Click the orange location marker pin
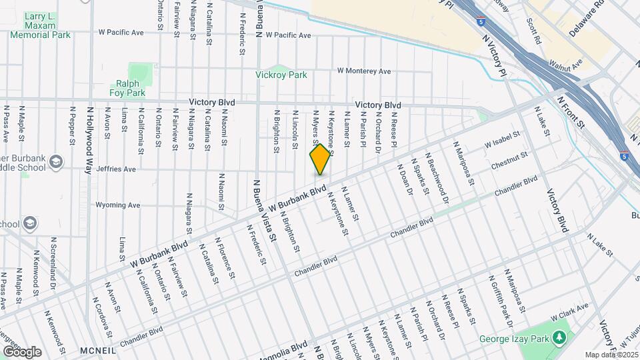click(320, 160)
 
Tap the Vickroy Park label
click(281, 75)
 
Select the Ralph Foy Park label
click(127, 88)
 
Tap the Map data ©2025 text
click(611, 355)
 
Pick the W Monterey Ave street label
click(363, 71)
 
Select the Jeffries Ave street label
click(116, 169)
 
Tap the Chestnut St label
click(509, 160)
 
